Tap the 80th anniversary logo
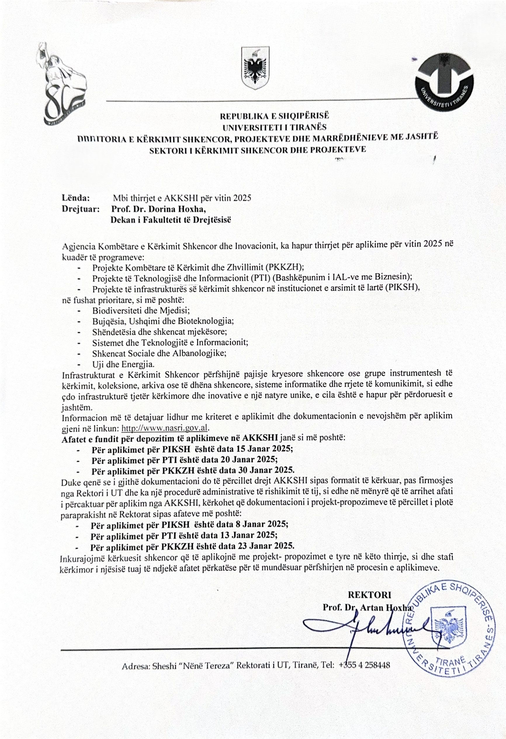tap(64, 84)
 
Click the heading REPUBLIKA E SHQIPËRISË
tap(274, 116)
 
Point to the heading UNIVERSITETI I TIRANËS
tap(274, 127)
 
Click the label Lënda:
tap(76, 198)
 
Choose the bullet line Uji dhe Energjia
tap(123, 364)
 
